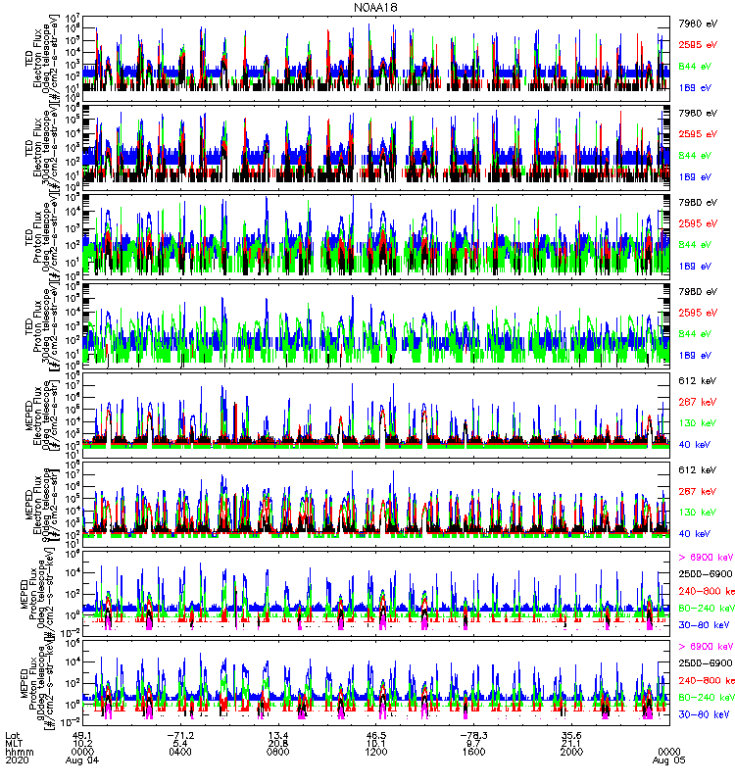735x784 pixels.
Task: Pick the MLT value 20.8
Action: pyautogui.click(x=279, y=743)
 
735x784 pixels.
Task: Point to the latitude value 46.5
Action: pyautogui.click(x=376, y=735)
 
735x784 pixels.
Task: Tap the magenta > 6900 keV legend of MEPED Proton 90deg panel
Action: pyautogui.click(x=705, y=647)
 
